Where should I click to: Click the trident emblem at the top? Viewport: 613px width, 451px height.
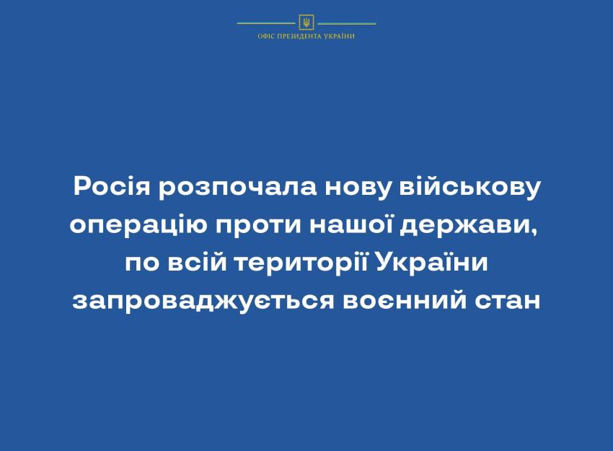click(x=306, y=22)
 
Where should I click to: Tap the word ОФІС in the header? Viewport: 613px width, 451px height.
click(x=266, y=36)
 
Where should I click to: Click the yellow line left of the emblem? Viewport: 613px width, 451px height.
click(x=267, y=24)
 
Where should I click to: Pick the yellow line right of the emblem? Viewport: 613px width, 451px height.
click(x=347, y=24)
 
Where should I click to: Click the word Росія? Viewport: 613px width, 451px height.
click(x=112, y=187)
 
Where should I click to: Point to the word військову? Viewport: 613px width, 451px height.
click(x=470, y=187)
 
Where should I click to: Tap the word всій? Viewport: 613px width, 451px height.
click(x=198, y=262)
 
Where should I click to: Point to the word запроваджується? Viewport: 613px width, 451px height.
click(x=203, y=301)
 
